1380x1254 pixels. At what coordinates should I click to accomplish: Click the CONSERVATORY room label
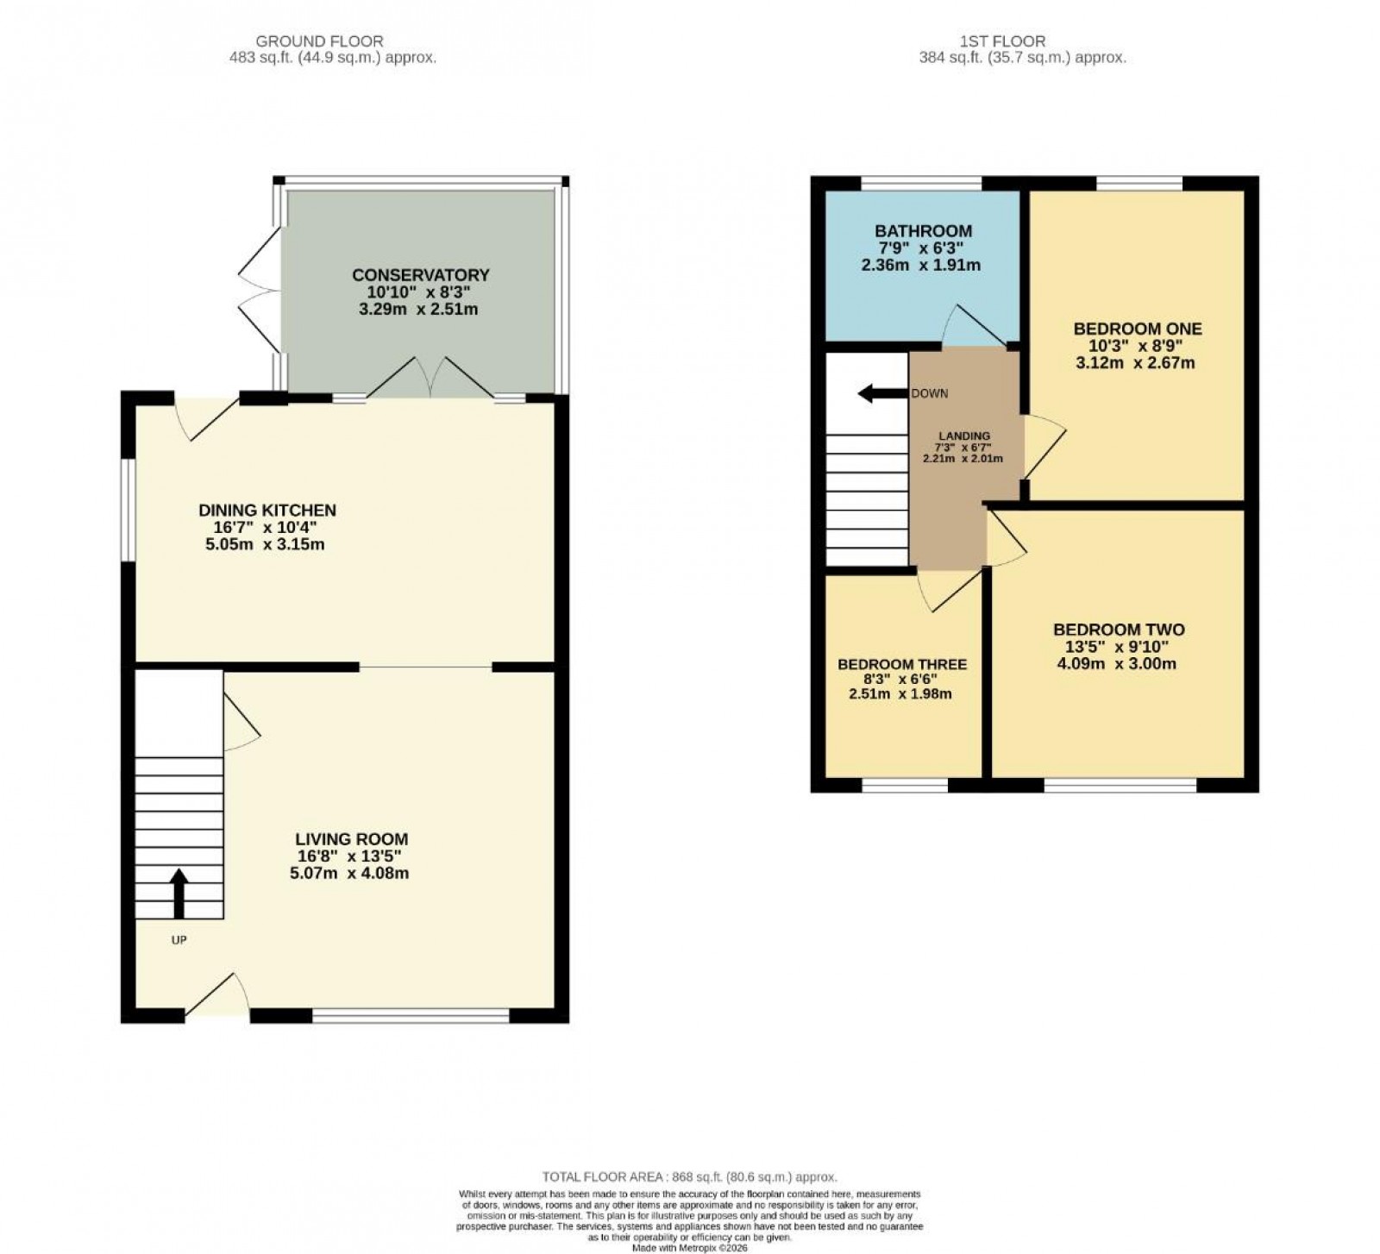pyautogui.click(x=420, y=275)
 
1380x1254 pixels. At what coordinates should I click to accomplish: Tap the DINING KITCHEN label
pyautogui.click(x=267, y=511)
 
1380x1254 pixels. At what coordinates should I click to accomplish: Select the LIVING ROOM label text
pyautogui.click(x=351, y=839)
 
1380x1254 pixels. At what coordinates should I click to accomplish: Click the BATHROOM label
pyautogui.click(x=923, y=231)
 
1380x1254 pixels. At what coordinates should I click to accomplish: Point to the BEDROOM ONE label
pyautogui.click(x=1137, y=329)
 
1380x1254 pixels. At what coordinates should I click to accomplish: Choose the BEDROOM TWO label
pyautogui.click(x=1119, y=630)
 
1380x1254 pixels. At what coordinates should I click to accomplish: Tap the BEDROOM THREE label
pyautogui.click(x=902, y=664)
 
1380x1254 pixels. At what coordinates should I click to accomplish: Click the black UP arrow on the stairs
pyautogui.click(x=179, y=893)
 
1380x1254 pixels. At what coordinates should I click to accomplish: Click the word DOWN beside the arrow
pyautogui.click(x=930, y=394)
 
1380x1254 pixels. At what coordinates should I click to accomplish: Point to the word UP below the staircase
pyautogui.click(x=179, y=940)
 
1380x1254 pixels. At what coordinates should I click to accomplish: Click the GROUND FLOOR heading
pyautogui.click(x=319, y=41)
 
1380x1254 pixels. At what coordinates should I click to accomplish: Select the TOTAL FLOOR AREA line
pyautogui.click(x=689, y=1176)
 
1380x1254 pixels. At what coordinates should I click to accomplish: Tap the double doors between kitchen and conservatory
pyautogui.click(x=430, y=379)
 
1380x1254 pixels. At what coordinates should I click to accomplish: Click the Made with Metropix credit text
pyautogui.click(x=689, y=1247)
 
